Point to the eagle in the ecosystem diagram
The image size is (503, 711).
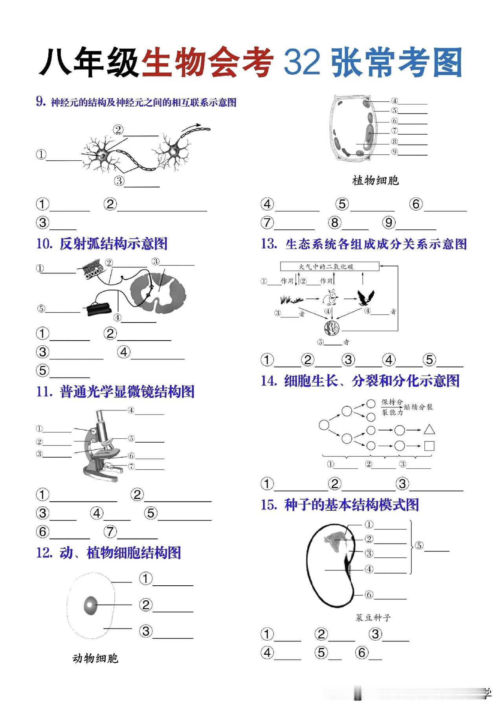[x=365, y=298]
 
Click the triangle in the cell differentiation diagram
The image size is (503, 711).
[x=429, y=430]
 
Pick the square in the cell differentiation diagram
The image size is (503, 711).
[x=429, y=446]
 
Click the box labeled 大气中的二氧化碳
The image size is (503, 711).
[x=329, y=267]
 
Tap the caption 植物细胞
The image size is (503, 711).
[x=375, y=181]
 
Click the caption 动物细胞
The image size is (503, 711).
[x=95, y=658]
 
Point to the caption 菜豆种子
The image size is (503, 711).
[x=373, y=618]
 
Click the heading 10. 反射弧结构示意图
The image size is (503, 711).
[x=102, y=244]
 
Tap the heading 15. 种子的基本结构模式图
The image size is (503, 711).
[x=340, y=505]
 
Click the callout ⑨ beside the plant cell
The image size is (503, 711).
[x=395, y=152]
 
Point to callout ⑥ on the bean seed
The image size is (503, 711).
[x=369, y=595]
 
